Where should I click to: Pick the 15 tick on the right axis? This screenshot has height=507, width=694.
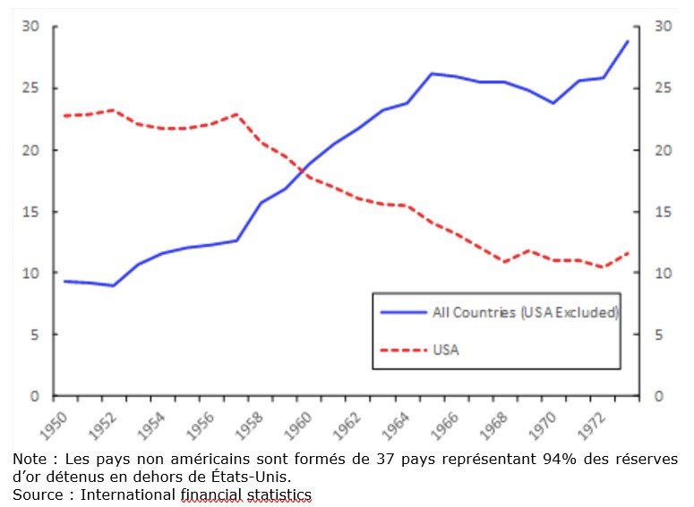pyautogui.click(x=663, y=212)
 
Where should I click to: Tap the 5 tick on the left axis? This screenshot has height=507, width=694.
pyautogui.click(x=35, y=335)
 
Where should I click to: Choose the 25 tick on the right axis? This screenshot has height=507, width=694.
pyautogui.click(x=663, y=89)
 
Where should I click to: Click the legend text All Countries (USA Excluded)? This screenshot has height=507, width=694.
pyautogui.click(x=525, y=313)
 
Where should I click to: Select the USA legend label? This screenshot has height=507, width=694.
pyautogui.click(x=445, y=350)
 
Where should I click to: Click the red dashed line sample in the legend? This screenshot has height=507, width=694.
pyautogui.click(x=403, y=350)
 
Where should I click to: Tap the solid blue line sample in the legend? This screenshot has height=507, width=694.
pyautogui.click(x=403, y=313)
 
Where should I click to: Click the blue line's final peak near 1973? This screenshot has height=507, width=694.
pyautogui.click(x=628, y=41)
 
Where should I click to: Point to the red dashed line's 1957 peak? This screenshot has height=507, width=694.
pyautogui.click(x=236, y=114)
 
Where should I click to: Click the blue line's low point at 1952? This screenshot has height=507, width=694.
pyautogui.click(x=111, y=285)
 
